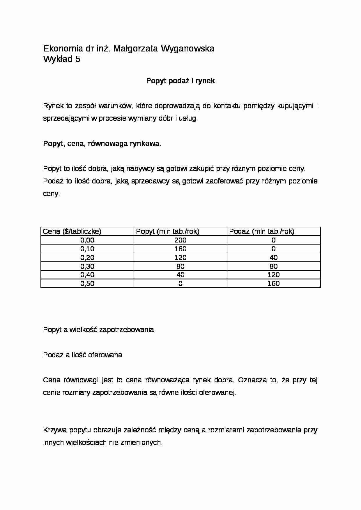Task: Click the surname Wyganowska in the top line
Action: point(187,49)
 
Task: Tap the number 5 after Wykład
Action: point(77,59)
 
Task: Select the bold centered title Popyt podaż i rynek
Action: point(180,81)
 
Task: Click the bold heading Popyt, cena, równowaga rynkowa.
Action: point(102,144)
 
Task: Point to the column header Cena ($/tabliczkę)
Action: point(72,231)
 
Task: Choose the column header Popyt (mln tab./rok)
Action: point(168,231)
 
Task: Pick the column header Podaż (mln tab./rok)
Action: point(262,231)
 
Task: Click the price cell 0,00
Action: point(87,240)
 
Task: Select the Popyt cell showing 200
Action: point(180,240)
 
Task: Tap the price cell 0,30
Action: point(87,266)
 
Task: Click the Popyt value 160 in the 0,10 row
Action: point(180,249)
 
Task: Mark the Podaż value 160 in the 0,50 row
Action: point(273,283)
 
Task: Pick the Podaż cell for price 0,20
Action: point(273,258)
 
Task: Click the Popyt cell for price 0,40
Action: point(180,275)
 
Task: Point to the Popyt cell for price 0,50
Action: point(180,283)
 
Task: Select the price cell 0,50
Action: point(87,283)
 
